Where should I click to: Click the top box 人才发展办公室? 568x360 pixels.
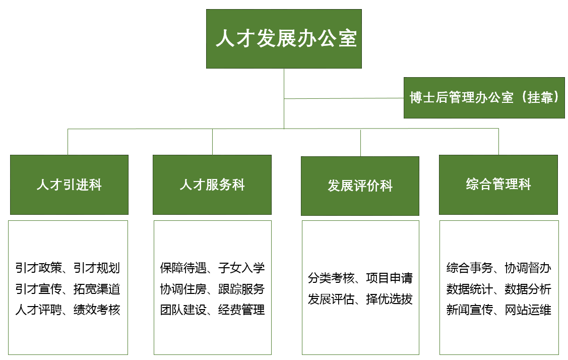click(x=284, y=39)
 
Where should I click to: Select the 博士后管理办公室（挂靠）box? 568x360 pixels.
click(x=484, y=98)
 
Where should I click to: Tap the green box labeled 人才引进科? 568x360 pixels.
click(x=69, y=185)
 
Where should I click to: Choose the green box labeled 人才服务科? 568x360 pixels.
click(x=212, y=185)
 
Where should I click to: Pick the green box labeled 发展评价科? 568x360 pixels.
click(x=360, y=186)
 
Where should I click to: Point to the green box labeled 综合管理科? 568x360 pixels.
click(x=498, y=184)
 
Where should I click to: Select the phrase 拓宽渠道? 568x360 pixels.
click(x=97, y=289)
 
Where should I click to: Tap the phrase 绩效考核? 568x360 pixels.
click(x=97, y=310)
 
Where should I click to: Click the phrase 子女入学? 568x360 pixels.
click(x=241, y=268)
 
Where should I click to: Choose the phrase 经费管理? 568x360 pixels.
click(x=241, y=310)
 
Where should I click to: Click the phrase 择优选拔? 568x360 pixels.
click(x=390, y=299)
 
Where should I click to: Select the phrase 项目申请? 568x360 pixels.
click(x=390, y=278)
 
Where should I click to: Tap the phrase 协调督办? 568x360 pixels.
click(x=528, y=268)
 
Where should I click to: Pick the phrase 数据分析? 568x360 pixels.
click(x=528, y=289)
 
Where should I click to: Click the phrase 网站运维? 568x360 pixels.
click(x=528, y=310)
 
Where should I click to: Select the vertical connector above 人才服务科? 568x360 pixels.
click(x=212, y=142)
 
